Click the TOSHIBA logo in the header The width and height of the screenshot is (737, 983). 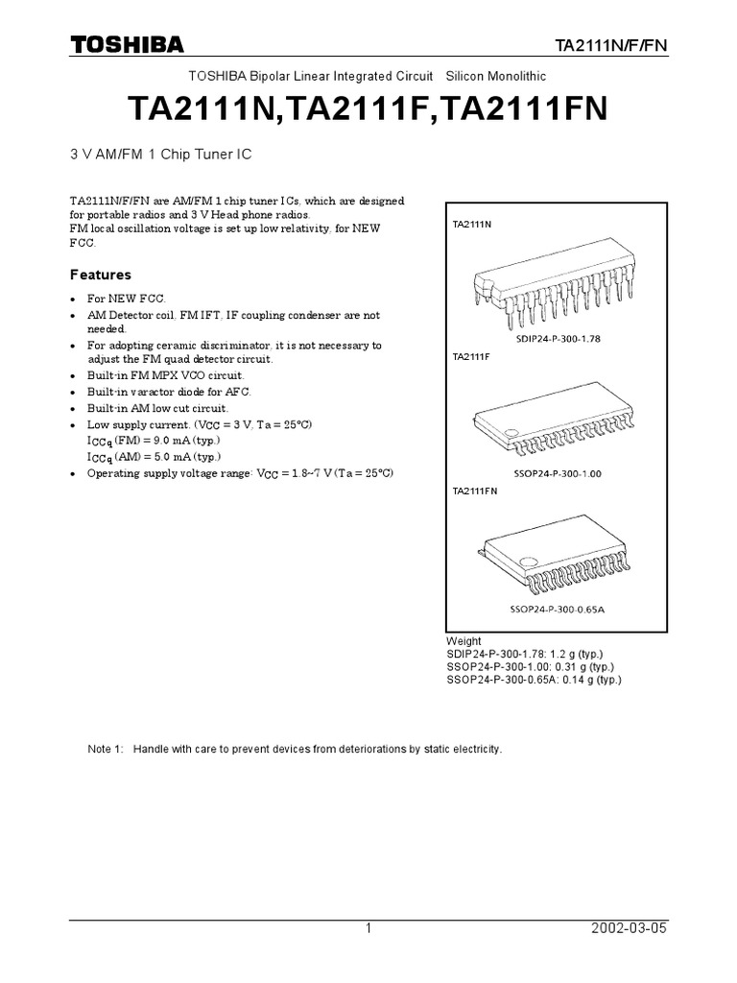point(127,44)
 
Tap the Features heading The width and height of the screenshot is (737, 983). point(101,275)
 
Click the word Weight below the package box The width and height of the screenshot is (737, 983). point(464,641)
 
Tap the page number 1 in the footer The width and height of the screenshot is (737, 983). point(368,928)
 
